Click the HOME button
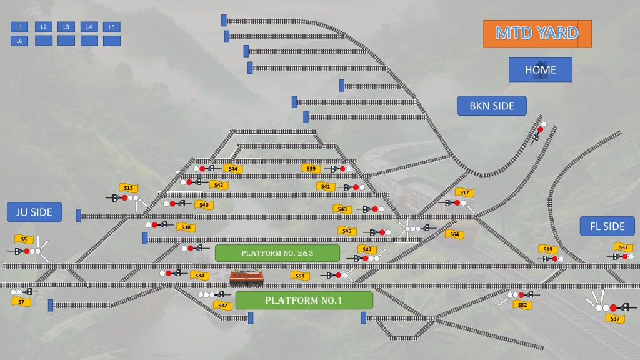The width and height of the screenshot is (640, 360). coord(541,69)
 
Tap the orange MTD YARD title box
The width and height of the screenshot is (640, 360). coord(537,34)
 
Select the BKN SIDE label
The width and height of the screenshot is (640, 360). coord(492,106)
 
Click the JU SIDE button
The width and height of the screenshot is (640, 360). coord(34,212)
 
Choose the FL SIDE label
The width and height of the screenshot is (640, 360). coord(607,226)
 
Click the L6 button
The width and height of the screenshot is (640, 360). coord(19,41)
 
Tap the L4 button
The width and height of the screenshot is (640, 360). coord(89,27)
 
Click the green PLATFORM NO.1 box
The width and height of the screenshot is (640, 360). coord(304,301)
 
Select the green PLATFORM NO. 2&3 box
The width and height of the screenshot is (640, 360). coord(277,253)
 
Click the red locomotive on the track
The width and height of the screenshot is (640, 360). coord(246,277)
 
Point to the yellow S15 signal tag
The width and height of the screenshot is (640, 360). coord(129,187)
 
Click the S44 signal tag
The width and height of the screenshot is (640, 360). coord(233,169)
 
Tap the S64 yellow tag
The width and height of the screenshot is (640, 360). coord(455,234)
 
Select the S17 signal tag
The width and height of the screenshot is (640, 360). coord(464,192)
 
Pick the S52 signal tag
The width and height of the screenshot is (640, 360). coord(522,305)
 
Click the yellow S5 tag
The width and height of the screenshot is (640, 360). coord(24,239)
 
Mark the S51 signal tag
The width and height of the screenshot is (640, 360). coord(300,276)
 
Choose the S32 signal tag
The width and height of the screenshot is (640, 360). coord(223,305)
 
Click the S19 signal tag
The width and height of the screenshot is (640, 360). coord(548,249)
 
